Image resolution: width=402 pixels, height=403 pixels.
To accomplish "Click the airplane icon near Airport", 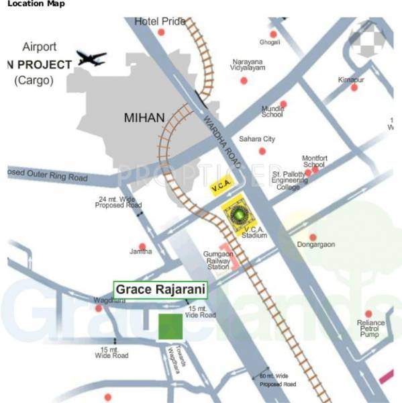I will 91,58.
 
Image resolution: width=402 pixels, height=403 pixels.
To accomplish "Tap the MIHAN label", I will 144,118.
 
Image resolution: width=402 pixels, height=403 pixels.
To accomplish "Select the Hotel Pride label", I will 160,22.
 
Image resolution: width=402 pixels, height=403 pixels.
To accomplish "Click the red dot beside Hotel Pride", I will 160,32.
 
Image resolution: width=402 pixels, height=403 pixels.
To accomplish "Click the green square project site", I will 170,326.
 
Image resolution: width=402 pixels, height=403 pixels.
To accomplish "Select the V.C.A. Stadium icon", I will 240,214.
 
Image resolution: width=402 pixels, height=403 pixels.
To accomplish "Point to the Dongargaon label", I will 315,244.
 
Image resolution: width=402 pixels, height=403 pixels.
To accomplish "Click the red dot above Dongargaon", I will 313,236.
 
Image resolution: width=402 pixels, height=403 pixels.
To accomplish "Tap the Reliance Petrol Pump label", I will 370,328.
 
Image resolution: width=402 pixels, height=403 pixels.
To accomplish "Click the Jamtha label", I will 141,252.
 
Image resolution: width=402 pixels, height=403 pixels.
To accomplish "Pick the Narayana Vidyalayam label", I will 249,64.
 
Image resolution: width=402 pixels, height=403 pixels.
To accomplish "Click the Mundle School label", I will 272,111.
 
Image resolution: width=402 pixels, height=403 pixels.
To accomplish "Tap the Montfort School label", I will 313,160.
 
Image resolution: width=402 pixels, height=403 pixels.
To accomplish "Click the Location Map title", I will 32,5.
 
